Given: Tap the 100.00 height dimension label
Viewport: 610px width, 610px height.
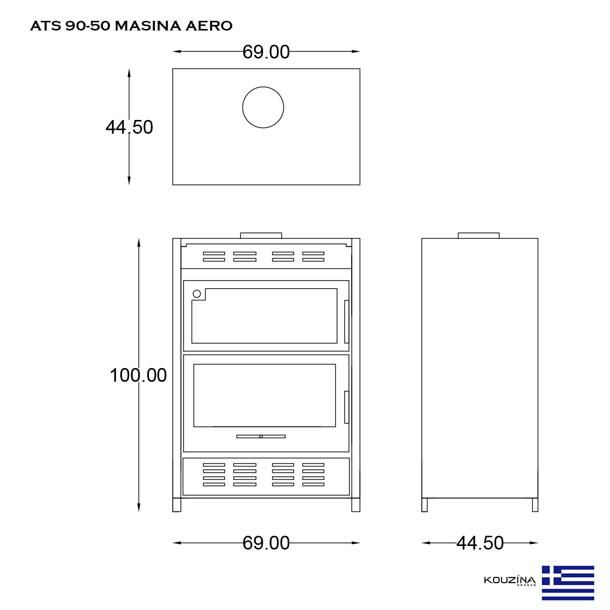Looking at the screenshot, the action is click(x=138, y=375).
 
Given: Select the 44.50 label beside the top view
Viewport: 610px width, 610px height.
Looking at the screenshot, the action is click(x=129, y=127).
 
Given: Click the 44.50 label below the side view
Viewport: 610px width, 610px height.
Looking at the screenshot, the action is click(x=479, y=543).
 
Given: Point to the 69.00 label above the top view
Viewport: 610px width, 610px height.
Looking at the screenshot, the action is click(x=266, y=52).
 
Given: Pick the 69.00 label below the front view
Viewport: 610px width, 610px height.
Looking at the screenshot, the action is click(x=266, y=543).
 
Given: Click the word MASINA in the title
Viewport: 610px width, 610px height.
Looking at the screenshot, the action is click(x=148, y=26).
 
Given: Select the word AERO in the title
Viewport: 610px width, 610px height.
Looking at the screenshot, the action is click(x=209, y=26).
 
